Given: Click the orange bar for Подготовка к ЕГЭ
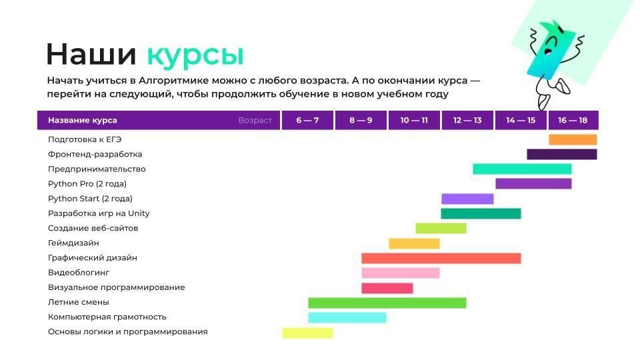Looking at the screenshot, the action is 573,139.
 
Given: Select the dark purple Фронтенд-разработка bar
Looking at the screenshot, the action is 561,154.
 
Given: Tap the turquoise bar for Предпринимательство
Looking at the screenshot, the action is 522,169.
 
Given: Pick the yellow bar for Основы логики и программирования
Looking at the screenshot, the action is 307,333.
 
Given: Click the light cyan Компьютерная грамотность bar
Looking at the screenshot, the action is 347,317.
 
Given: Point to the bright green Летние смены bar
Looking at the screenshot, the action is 387,303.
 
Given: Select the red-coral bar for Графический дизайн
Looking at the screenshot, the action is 441,259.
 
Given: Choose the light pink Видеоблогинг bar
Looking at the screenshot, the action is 401,273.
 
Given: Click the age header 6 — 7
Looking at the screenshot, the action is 307,121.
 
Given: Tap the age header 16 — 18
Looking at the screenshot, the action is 573,121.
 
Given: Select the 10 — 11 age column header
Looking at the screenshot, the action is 414,121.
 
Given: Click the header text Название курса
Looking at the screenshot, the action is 83,121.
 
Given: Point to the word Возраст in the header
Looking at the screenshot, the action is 255,121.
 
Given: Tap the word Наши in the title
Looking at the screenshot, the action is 91,54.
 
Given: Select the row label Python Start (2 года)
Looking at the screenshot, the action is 90,199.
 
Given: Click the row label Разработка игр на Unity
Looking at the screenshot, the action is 99,213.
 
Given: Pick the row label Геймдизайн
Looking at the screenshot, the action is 73,243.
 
